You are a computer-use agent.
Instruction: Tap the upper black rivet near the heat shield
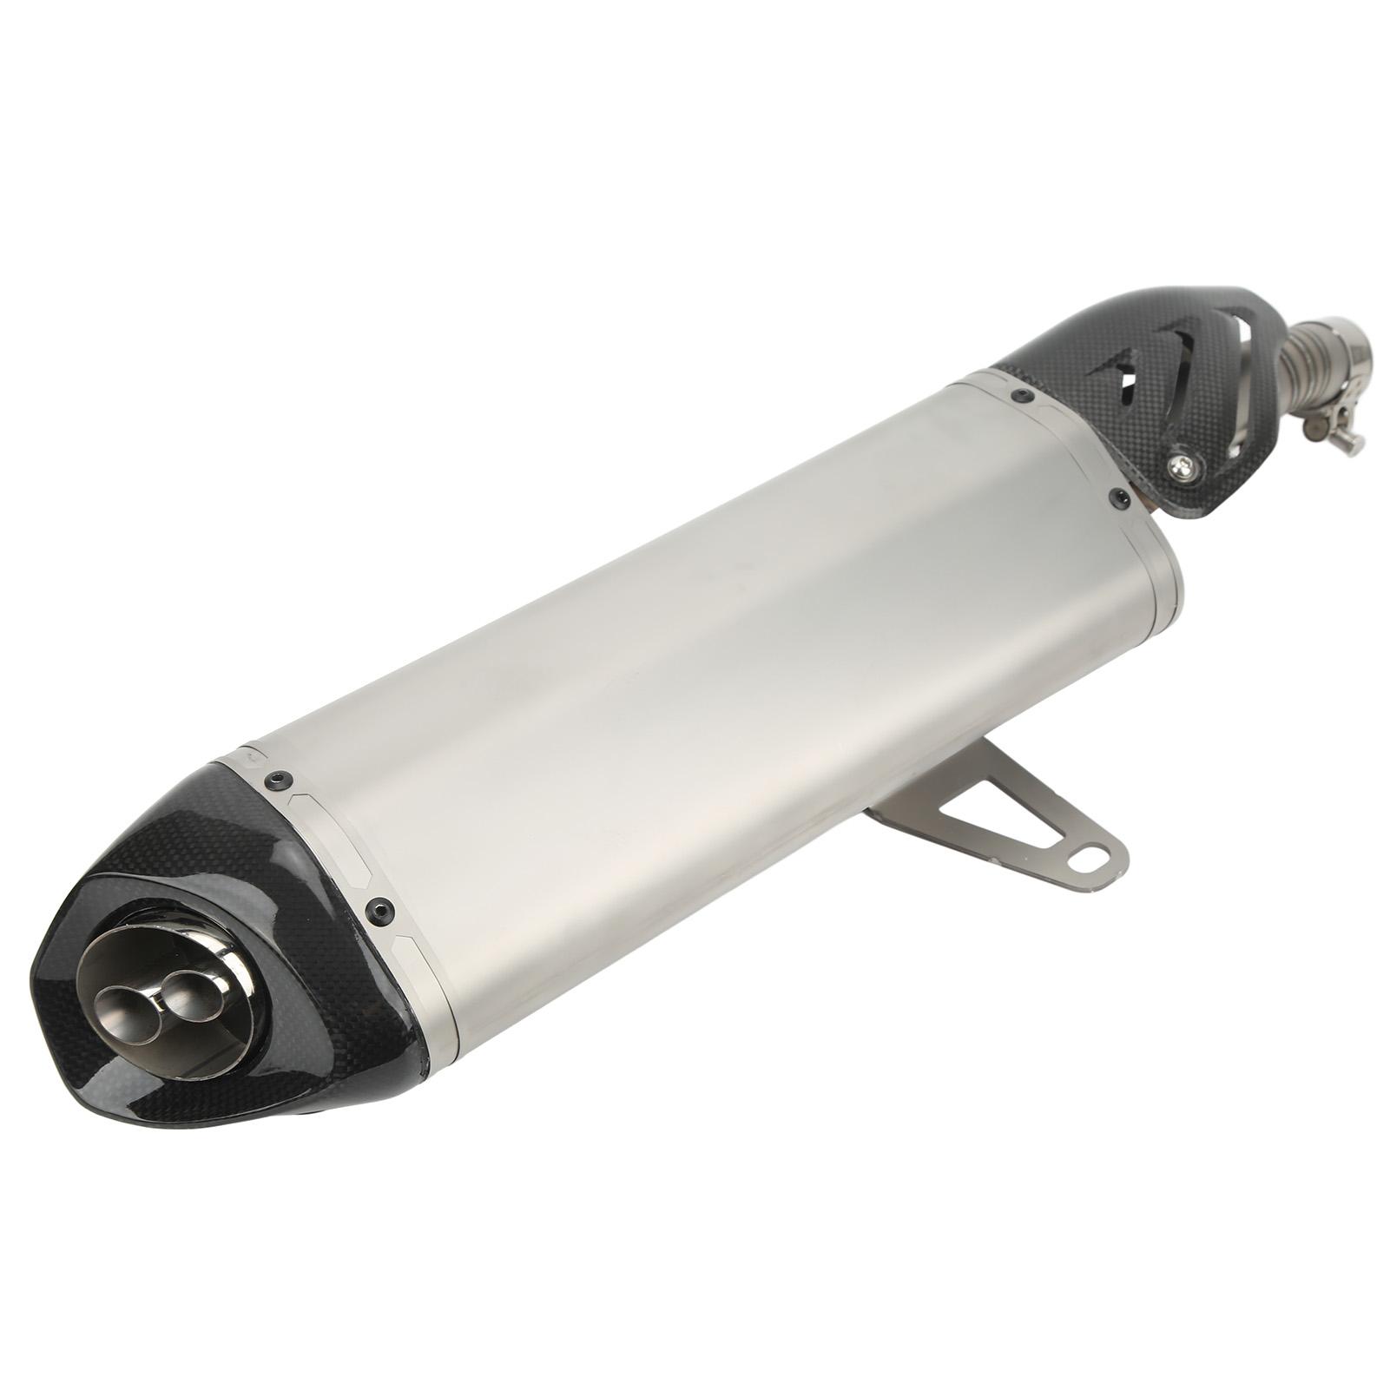point(1018,396)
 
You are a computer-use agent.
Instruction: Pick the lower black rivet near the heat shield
point(1118,497)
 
